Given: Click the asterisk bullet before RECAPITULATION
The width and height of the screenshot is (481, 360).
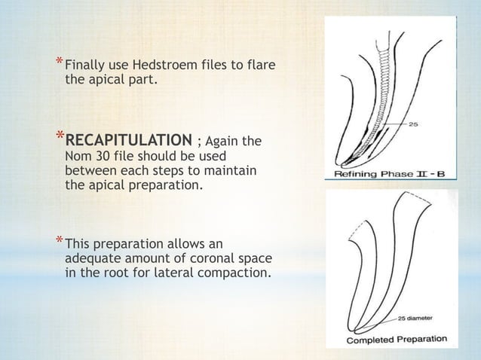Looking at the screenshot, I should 57,136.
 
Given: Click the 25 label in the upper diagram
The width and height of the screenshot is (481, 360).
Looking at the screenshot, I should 414,124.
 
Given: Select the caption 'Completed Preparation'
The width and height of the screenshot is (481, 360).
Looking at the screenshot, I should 396,339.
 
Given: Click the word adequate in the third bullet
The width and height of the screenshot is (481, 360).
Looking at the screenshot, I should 93,258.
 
